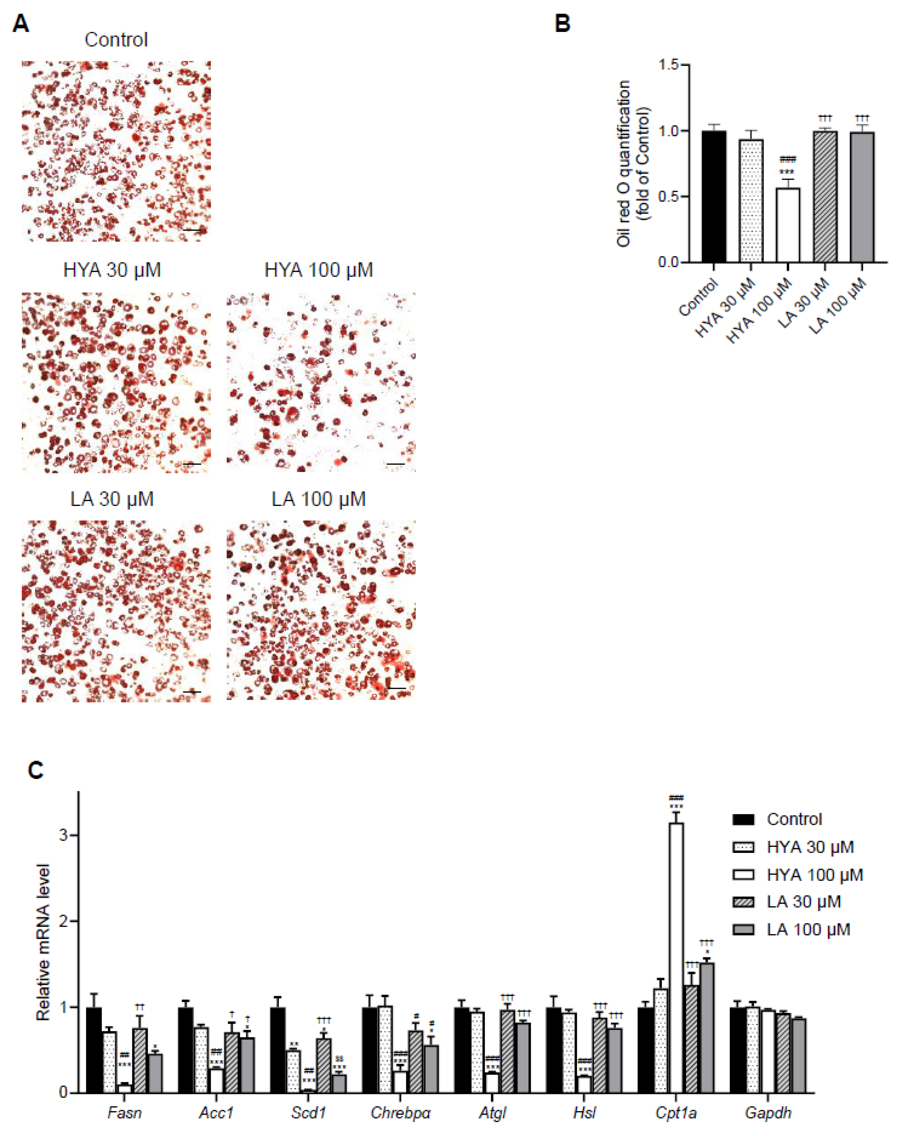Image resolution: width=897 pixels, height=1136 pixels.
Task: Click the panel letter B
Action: point(563,24)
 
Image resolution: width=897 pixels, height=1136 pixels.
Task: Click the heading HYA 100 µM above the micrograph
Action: point(319,270)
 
